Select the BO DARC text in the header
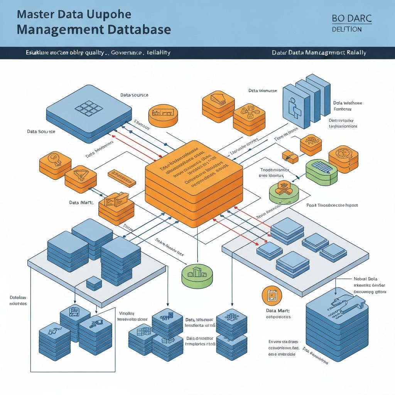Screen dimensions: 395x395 (x=351, y=18)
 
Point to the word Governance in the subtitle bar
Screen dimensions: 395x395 (x=127, y=52)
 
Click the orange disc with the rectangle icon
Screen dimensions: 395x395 (x=163, y=114)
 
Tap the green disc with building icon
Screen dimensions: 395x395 (x=197, y=275)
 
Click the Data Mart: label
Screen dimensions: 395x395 (x=278, y=311)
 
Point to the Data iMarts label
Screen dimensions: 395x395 (x=82, y=202)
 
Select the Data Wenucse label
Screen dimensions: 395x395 (x=262, y=91)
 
